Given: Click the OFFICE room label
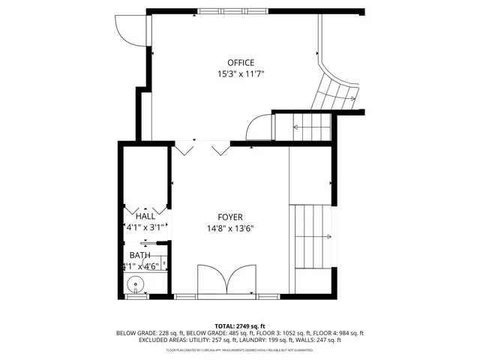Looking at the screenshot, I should (241, 63).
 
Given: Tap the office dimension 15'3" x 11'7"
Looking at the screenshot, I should (241, 74).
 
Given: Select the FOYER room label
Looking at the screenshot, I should (230, 217).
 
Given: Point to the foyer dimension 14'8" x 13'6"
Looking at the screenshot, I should (230, 229).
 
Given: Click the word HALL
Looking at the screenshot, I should (145, 216).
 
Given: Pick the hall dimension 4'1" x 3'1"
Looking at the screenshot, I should (145, 226).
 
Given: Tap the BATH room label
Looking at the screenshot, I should (140, 255).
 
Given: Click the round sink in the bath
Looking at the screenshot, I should (135, 284).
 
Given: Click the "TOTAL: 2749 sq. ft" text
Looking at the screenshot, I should (239, 326).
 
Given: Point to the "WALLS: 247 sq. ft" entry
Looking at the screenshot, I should (320, 340).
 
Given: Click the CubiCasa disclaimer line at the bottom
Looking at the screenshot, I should (239, 349).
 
